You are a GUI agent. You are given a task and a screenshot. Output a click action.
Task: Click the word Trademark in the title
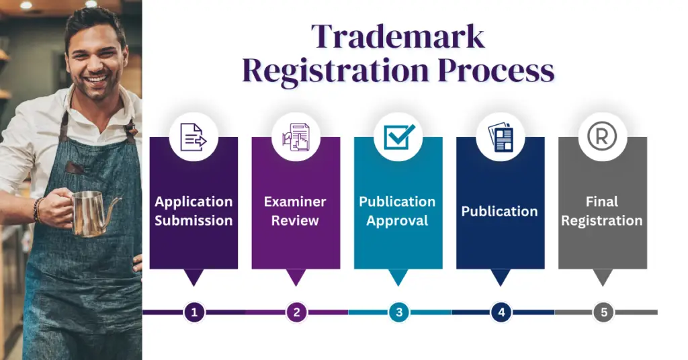tap(398, 36)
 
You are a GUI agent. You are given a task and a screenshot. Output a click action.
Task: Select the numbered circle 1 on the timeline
tap(194, 312)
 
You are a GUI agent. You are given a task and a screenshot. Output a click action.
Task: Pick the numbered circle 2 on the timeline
tap(296, 312)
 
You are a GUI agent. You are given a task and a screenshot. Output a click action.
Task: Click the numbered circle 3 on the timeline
tap(399, 312)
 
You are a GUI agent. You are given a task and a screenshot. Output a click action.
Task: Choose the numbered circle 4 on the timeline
tap(501, 312)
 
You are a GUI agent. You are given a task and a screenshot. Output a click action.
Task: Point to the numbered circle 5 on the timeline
tap(603, 312)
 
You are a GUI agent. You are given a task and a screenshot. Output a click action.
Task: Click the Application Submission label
tap(193, 211)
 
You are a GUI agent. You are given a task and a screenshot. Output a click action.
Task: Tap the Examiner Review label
tap(296, 211)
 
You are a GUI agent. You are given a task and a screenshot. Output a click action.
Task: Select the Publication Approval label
tap(398, 211)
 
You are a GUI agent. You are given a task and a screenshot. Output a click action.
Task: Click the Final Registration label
tap(602, 211)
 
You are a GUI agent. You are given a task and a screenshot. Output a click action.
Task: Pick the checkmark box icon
tap(398, 136)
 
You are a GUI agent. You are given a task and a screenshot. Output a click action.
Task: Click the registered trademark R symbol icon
tap(603, 136)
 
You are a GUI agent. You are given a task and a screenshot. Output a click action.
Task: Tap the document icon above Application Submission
tap(193, 136)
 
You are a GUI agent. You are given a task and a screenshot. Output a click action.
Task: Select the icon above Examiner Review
tap(296, 136)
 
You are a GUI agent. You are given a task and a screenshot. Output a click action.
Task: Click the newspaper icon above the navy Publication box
tap(501, 136)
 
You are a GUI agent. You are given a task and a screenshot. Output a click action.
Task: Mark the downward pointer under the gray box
tap(603, 277)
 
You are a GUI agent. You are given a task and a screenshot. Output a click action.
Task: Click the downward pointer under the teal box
tap(398, 277)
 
